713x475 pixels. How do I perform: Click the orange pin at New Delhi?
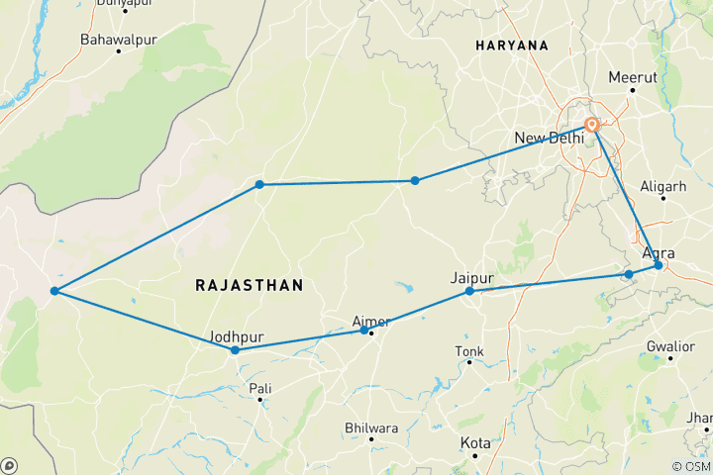point(592,126)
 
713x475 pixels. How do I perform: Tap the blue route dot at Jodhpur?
point(235,350)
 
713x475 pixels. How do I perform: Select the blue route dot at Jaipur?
point(469,292)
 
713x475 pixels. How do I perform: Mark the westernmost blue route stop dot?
point(55,291)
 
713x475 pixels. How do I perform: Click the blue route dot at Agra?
point(659,265)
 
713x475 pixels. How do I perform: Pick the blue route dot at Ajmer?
point(363,331)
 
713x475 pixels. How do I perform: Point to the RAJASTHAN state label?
point(250,285)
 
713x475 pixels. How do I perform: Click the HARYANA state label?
point(511,46)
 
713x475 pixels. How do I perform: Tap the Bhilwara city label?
point(370,427)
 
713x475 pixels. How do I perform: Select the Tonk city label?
point(469,352)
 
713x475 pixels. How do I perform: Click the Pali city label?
point(259,388)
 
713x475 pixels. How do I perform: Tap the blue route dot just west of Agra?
point(629,274)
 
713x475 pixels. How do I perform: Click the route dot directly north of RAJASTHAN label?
point(259,184)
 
